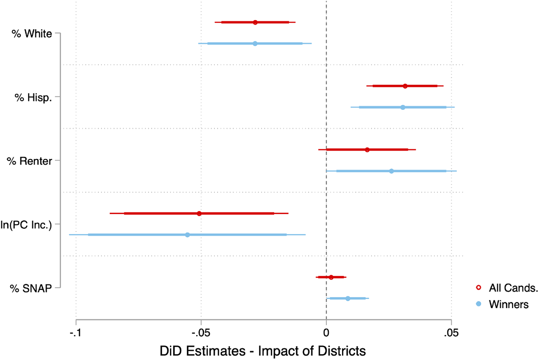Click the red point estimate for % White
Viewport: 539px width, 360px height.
coord(255,22)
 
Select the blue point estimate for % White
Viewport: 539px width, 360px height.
coord(255,44)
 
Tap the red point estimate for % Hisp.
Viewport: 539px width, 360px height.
coord(405,86)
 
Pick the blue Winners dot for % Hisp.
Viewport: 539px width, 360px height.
coord(403,107)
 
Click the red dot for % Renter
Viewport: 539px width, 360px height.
coord(367,150)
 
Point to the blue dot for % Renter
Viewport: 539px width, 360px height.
coord(391,171)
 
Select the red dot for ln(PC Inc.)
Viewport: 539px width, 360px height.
coord(199,214)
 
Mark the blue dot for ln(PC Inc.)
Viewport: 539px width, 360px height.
coord(187,235)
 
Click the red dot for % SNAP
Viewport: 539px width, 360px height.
coord(331,277)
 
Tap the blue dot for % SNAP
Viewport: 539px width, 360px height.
coord(348,299)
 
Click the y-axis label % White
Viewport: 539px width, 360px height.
coord(32,34)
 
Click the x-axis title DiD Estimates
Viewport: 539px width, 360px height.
coord(262,351)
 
